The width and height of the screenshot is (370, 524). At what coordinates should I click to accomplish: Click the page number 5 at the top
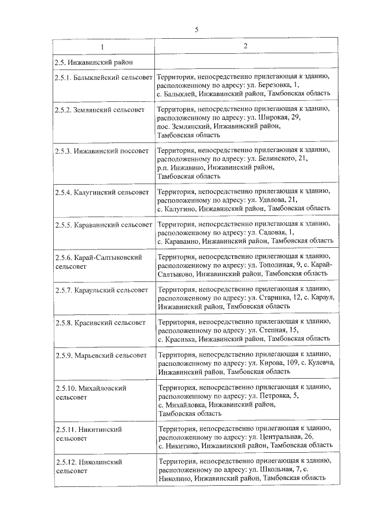196,30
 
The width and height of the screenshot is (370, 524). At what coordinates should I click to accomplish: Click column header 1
103,46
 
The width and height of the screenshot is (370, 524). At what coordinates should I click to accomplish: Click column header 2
245,46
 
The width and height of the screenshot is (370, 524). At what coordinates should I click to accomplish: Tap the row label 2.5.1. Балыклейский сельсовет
103,77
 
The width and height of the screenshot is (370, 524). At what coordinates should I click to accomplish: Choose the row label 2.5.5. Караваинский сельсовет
103,224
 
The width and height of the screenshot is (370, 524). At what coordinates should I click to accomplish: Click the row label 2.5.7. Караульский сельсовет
101,289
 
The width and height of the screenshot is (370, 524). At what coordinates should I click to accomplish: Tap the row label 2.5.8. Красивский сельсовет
99,322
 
